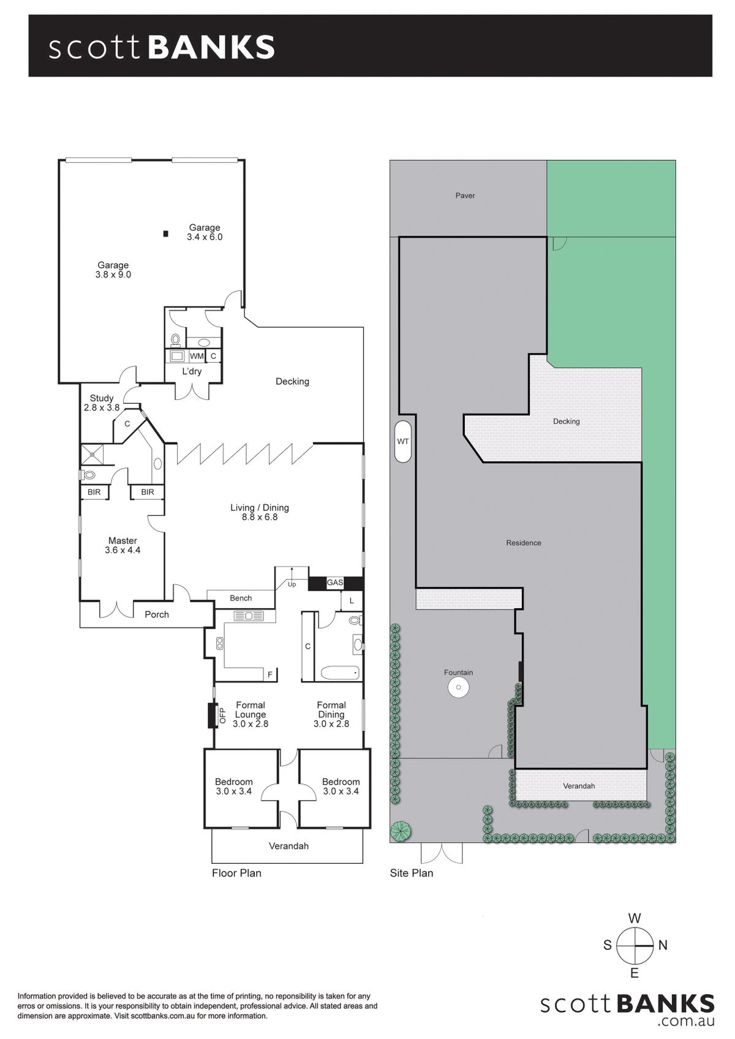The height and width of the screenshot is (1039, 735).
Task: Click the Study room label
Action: pos(102,398)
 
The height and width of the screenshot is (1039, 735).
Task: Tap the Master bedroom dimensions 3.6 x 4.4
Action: pos(123,550)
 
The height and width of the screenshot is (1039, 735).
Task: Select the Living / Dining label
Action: pos(260,507)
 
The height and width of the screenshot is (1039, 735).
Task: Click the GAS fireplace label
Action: pos(335,583)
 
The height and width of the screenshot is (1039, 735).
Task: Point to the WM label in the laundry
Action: pos(197,356)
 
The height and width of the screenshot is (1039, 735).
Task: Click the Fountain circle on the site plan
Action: pos(458,687)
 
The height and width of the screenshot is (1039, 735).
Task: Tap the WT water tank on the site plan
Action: pos(402,442)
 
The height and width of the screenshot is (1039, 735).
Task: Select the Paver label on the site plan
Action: pos(465,196)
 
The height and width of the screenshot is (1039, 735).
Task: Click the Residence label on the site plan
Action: pos(524,543)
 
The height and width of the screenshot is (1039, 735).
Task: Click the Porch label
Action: pos(157,614)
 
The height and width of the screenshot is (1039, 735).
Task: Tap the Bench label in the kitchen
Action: pos(241,599)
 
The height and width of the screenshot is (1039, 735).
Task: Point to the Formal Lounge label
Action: pos(251,710)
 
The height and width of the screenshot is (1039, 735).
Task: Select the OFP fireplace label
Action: pos(222,716)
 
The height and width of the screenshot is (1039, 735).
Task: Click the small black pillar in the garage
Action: pos(165,234)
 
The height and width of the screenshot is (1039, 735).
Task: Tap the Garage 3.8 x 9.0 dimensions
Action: pos(113,274)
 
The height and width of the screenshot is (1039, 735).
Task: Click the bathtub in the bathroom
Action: pos(341,673)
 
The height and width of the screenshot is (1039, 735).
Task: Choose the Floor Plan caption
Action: pos(236,873)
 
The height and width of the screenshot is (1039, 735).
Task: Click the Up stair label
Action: pos(292,584)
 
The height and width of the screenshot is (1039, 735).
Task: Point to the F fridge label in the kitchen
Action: pos(270,674)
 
